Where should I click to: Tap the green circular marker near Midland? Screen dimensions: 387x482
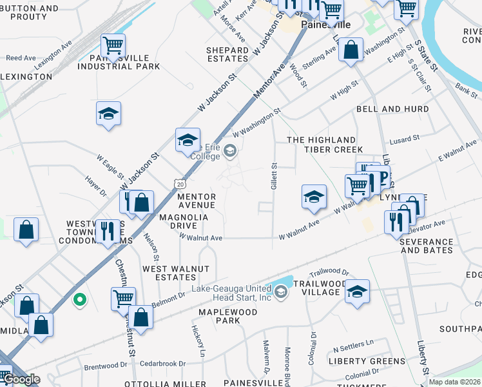[79, 299]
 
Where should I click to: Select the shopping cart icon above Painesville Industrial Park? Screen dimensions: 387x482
[113, 46]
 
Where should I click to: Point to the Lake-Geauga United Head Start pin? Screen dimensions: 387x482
[281, 292]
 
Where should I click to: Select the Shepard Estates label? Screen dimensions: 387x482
[227, 54]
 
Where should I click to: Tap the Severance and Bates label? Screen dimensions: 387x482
[426, 246]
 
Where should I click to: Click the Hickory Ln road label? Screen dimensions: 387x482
[198, 340]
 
